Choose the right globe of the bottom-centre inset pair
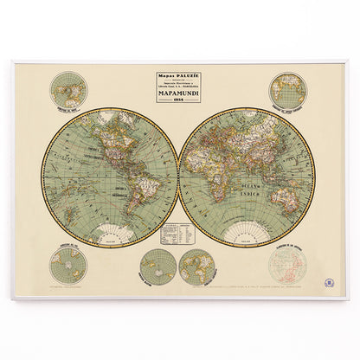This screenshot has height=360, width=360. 195,267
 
